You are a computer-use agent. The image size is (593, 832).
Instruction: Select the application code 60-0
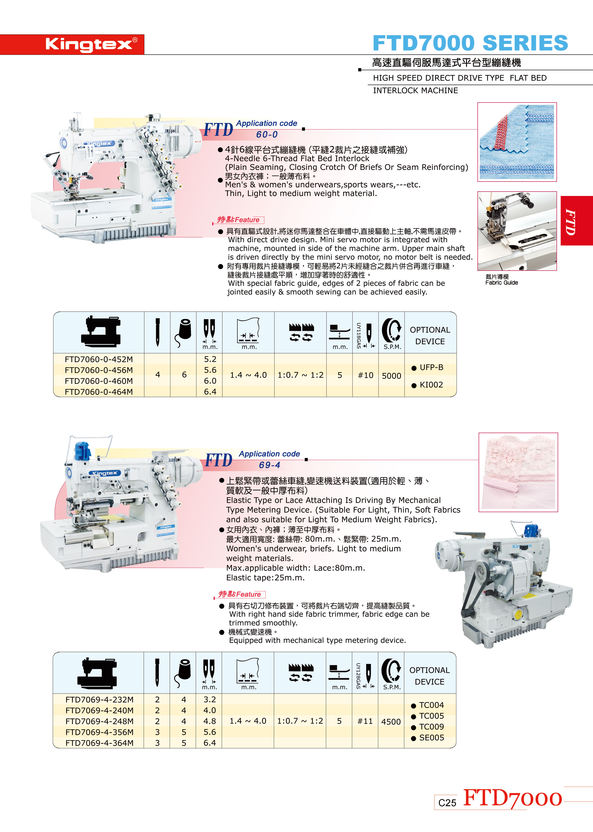tap(267, 134)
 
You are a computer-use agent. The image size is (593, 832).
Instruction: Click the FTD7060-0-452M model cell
tap(99, 359)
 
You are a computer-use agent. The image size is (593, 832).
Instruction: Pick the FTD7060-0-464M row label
tap(99, 392)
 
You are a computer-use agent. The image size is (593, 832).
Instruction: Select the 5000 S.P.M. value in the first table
tap(391, 376)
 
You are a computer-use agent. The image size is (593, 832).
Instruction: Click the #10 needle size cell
tap(365, 375)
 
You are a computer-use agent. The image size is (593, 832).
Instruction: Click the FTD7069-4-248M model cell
tap(99, 721)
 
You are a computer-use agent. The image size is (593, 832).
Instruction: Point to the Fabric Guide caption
tap(502, 283)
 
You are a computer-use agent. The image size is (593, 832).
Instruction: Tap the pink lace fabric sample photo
tap(518, 472)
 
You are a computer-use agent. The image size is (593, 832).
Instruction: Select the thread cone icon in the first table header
tap(183, 333)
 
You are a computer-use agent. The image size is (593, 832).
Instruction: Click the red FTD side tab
tap(576, 221)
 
